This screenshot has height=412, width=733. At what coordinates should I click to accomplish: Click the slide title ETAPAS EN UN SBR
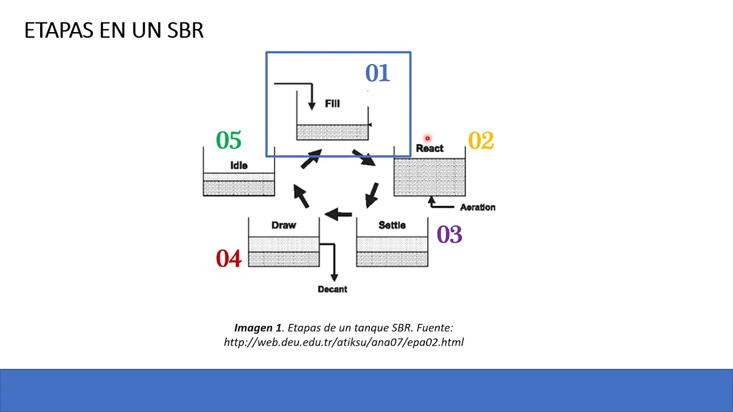point(114,30)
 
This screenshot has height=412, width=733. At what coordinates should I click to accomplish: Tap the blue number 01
point(377,73)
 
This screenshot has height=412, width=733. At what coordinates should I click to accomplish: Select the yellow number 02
point(480,141)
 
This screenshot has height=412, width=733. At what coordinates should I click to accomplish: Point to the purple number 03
point(449,235)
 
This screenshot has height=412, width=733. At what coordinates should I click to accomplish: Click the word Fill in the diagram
point(332,104)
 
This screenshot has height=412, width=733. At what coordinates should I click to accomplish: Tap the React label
point(429,148)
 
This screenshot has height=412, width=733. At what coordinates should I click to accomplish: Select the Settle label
point(392,225)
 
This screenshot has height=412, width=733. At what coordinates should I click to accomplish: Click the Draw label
point(283,225)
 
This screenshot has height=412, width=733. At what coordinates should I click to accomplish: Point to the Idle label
point(239,165)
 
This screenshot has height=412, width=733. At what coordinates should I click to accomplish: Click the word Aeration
point(477,207)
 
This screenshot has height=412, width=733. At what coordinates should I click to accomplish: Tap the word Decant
point(332,290)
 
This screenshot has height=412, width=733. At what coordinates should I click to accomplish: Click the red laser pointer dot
point(427,138)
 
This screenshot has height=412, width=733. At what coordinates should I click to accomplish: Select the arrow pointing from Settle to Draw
point(338,215)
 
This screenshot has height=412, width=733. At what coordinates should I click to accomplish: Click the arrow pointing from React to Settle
point(372,195)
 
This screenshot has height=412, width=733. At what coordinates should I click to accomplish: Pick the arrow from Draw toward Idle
point(301,196)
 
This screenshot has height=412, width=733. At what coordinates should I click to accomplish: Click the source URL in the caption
point(344,342)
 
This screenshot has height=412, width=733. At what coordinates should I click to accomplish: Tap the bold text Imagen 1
point(258,328)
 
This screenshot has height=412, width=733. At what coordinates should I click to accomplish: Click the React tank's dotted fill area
point(429,177)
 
